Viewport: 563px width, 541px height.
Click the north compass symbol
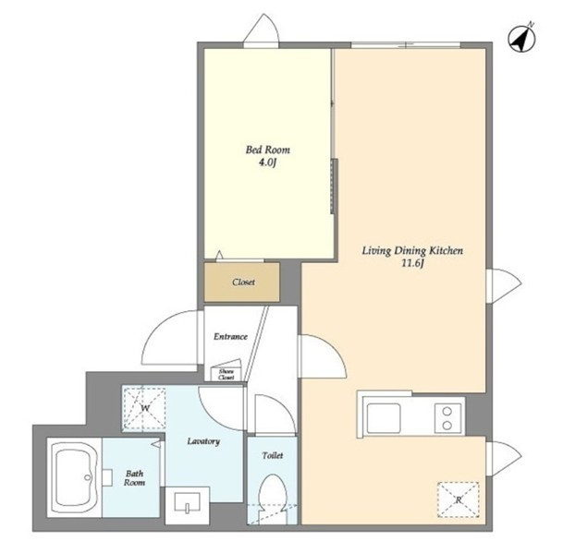click(521, 39)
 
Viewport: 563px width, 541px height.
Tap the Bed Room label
click(267, 150)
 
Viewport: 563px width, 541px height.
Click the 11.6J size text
click(412, 264)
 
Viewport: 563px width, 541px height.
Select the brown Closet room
click(242, 283)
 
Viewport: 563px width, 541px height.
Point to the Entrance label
click(230, 337)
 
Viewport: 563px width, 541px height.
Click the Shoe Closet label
click(226, 374)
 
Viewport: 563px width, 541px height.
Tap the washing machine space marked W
click(144, 408)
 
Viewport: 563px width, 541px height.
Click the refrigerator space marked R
click(459, 499)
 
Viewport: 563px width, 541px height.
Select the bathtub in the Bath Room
click(75, 477)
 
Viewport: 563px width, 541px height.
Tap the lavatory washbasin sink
click(187, 502)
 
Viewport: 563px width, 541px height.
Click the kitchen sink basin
click(384, 418)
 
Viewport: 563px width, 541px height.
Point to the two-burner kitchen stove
click(447, 418)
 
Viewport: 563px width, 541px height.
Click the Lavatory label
click(203, 441)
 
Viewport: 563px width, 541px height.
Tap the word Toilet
click(273, 455)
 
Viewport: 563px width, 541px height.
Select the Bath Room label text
click(134, 478)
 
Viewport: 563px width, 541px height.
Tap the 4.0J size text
click(267, 162)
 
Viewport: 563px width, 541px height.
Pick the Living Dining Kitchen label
click(412, 250)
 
